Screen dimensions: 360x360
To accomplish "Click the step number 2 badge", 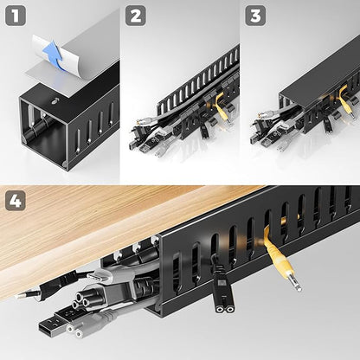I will (135, 15).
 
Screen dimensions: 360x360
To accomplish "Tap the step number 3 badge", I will (256, 15).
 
